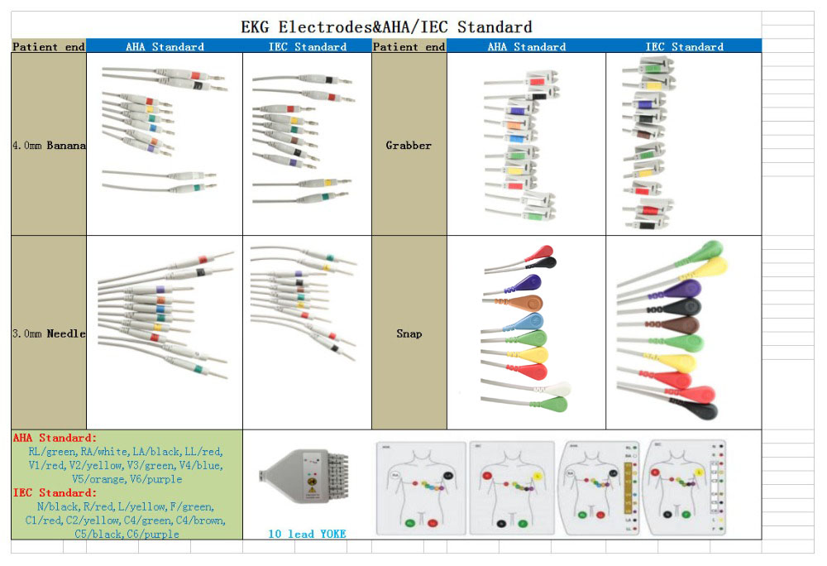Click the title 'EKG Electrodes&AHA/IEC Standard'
pyautogui.click(x=386, y=27)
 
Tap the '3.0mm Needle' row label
pyautogui.click(x=49, y=333)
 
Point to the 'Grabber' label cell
pyautogui.click(x=409, y=146)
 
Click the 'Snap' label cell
pyautogui.click(x=409, y=333)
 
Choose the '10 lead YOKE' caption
pyautogui.click(x=307, y=534)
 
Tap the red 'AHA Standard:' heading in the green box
pyautogui.click(x=55, y=438)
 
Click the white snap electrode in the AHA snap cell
pyautogui.click(x=561, y=388)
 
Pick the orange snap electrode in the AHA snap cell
pyautogui.click(x=530, y=303)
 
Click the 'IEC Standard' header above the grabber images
pyautogui.click(x=684, y=47)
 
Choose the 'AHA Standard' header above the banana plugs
pyautogui.click(x=165, y=47)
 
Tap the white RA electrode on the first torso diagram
pyautogui.click(x=396, y=475)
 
